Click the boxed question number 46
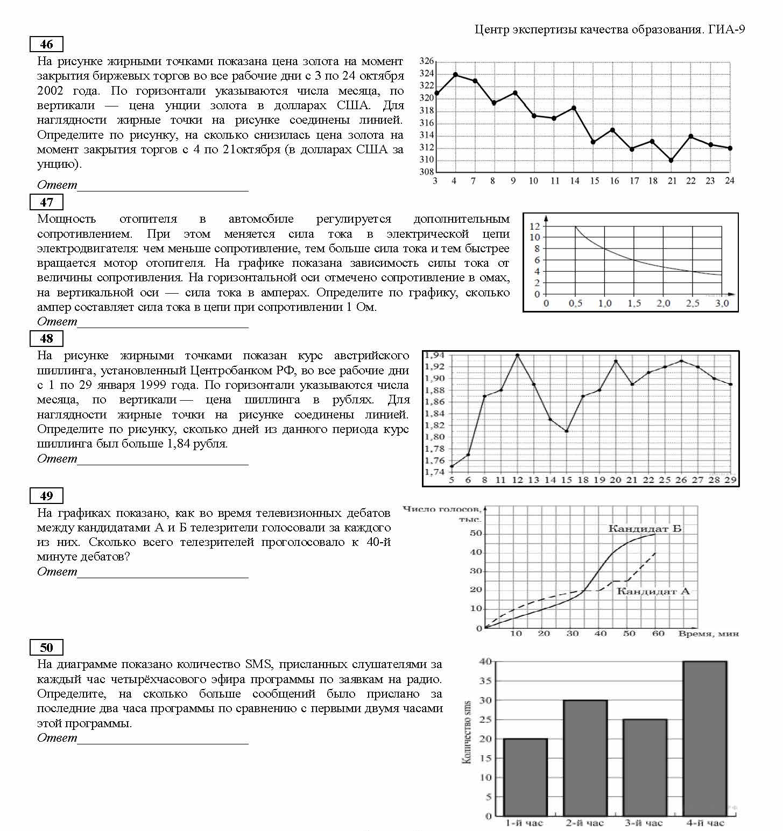coord(47,44)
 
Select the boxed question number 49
coord(47,496)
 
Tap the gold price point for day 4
coord(455,75)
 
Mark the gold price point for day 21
coord(671,160)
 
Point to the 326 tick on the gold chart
coord(427,61)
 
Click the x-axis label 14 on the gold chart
coord(575,181)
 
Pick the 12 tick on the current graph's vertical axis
coord(534,226)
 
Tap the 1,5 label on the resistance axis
coord(634,303)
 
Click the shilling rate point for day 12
coord(518,356)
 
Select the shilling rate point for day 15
coord(567,431)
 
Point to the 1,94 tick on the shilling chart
coord(435,356)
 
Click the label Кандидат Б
coord(645,528)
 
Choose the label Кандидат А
coord(653,591)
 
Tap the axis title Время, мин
coord(708,634)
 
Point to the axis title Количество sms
coord(467,731)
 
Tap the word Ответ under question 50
coord(57,738)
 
